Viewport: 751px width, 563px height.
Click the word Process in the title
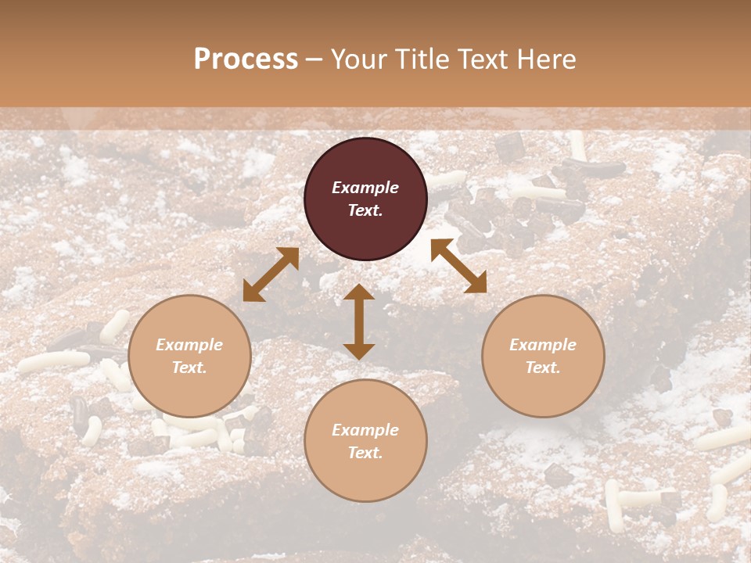pyautogui.click(x=246, y=59)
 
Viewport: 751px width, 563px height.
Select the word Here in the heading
pyautogui.click(x=547, y=59)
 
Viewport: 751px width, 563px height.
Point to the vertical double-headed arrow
pyautogui.click(x=359, y=321)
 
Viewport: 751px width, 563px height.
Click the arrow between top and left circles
pyautogui.click(x=271, y=274)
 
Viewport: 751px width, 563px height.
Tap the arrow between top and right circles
pyautogui.click(x=458, y=266)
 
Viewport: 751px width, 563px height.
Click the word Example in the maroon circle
pyautogui.click(x=365, y=188)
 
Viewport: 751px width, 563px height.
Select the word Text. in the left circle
pyautogui.click(x=189, y=368)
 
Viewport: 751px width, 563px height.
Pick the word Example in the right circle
pyautogui.click(x=543, y=345)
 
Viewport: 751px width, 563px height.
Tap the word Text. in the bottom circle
pyautogui.click(x=365, y=453)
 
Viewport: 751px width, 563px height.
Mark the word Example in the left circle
pyautogui.click(x=189, y=345)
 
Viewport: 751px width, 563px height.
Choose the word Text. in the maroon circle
pyautogui.click(x=365, y=210)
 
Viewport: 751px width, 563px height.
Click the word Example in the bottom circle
pyautogui.click(x=365, y=430)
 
